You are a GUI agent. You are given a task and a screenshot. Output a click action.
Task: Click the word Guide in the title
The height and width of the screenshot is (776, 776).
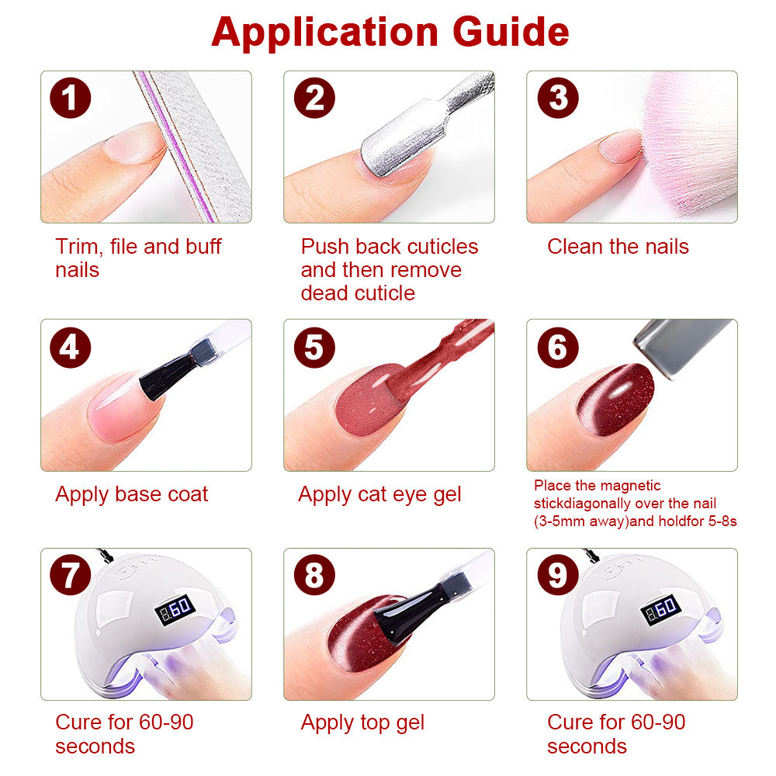[x=511, y=32]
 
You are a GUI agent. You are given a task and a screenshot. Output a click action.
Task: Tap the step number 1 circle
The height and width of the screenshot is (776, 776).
[x=71, y=98]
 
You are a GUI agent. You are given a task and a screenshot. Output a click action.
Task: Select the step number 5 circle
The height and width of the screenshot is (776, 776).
[x=314, y=347]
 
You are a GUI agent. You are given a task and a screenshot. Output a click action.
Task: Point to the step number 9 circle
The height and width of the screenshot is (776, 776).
[x=558, y=574]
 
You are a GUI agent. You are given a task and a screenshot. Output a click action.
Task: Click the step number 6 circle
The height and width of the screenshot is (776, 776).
[x=558, y=347]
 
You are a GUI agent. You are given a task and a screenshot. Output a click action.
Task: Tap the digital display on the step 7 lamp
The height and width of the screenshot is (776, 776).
[x=175, y=609]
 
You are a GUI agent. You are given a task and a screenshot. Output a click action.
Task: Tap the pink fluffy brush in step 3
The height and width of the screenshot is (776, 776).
[x=691, y=144]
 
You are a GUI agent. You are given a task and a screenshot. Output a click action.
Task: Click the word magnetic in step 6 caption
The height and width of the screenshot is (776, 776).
[x=630, y=486]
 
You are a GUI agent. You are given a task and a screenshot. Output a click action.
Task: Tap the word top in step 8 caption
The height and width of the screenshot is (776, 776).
[x=376, y=723]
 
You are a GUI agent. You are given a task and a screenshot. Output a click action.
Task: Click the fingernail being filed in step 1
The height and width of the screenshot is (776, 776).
[x=133, y=143]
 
